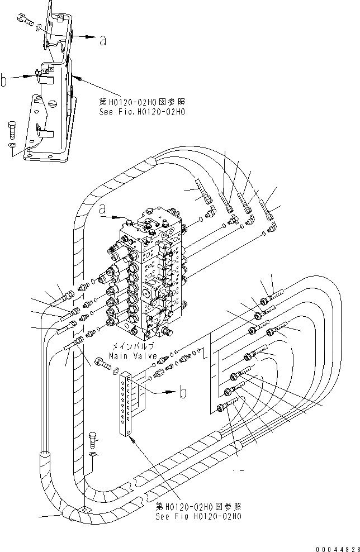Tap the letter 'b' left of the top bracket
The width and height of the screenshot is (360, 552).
tap(4, 82)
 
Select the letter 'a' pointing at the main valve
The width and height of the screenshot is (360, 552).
tap(102, 210)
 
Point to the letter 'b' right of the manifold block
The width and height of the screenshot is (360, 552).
tap(182, 393)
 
